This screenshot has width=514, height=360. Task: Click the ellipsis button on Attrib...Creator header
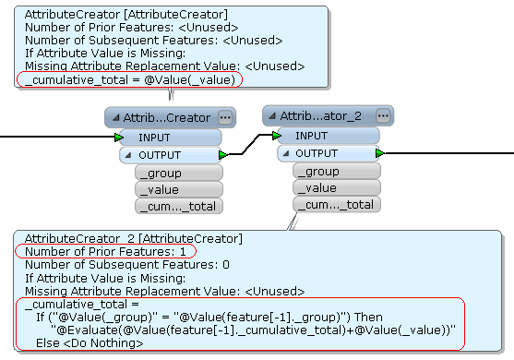tap(225, 117)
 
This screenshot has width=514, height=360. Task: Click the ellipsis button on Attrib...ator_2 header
tap(383, 115)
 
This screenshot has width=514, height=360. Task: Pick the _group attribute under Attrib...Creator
tap(179, 173)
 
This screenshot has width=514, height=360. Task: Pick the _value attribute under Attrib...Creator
tap(179, 189)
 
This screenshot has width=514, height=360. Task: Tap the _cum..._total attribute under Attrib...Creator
tap(179, 206)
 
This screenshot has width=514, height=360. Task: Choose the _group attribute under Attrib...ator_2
tap(337, 171)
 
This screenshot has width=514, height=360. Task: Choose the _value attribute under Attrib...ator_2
tap(337, 188)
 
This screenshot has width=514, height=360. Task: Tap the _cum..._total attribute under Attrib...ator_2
tap(337, 205)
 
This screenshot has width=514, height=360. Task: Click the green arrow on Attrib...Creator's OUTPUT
tap(223, 155)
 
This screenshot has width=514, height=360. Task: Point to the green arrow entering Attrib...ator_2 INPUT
tap(277, 136)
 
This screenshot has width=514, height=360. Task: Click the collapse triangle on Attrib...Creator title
tap(115, 118)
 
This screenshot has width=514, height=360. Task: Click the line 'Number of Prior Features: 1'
tap(105, 251)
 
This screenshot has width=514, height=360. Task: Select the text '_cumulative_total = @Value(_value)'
tap(130, 79)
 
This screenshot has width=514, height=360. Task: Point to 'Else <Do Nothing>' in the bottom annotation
tap(90, 343)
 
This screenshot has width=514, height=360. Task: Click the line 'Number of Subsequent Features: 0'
tap(127, 265)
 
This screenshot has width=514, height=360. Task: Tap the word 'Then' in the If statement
tap(368, 317)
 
